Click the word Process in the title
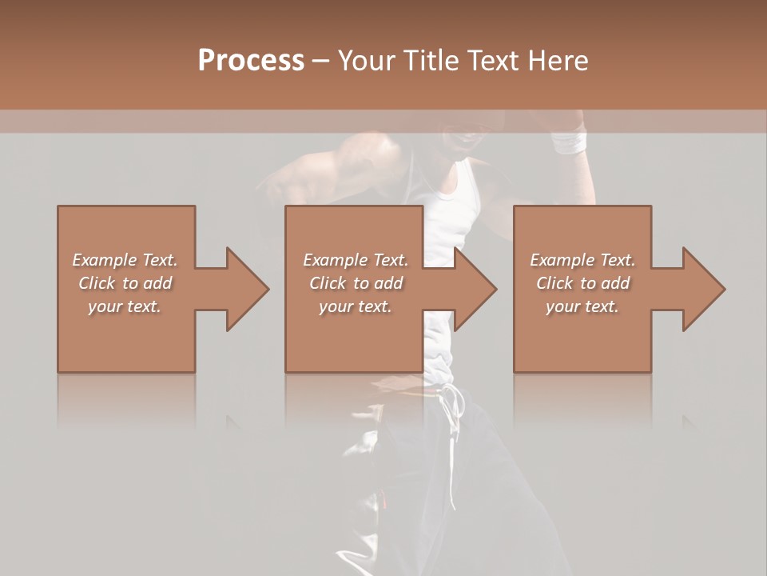pos(251,61)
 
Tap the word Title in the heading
pos(431,61)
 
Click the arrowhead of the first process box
pos(247,289)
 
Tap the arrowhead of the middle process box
pos(475,289)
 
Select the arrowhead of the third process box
pos(703,289)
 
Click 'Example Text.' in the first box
pos(125,260)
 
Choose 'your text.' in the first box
pos(125,306)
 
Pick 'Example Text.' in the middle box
pos(356,260)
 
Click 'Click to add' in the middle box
pos(356,283)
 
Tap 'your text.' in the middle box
pos(356,306)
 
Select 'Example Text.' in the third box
pos(582,260)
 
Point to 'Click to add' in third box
pos(582,283)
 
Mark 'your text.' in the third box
pos(582,306)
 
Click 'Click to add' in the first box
pos(125,283)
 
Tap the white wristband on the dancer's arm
pos(569,143)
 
